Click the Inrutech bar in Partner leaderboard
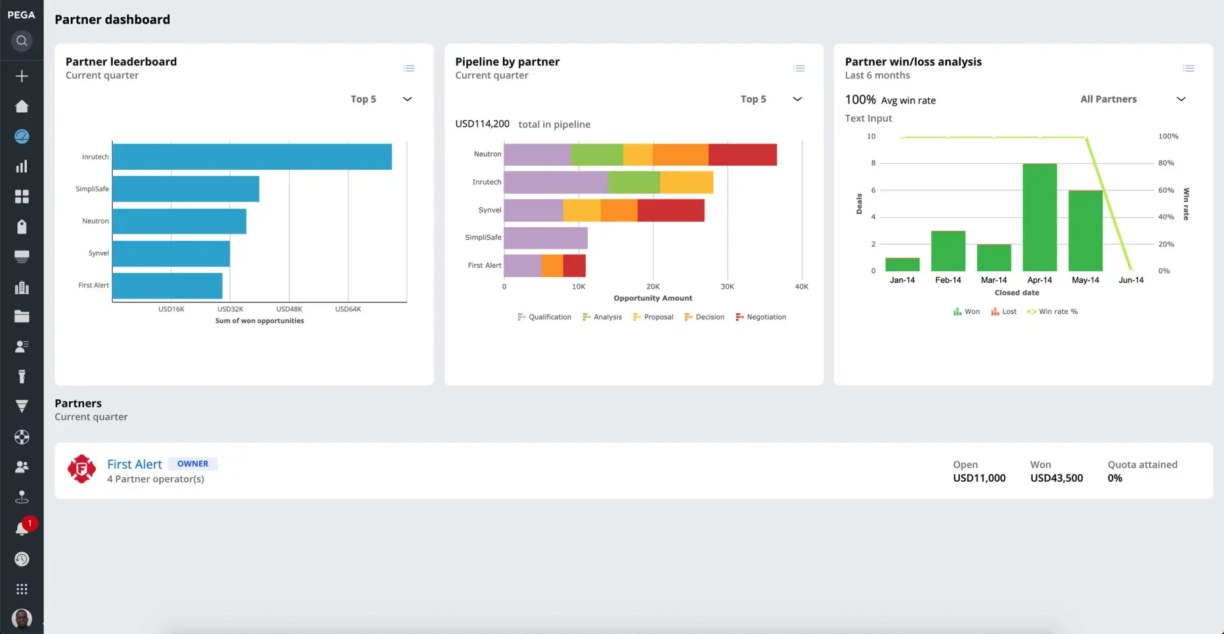click(x=252, y=157)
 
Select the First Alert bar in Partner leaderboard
click(x=167, y=286)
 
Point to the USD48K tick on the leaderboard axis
click(x=289, y=309)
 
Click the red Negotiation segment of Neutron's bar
click(x=742, y=155)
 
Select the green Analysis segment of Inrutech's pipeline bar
click(x=634, y=182)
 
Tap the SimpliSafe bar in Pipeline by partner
click(x=545, y=238)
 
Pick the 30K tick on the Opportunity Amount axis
click(x=727, y=287)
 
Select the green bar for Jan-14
click(x=902, y=265)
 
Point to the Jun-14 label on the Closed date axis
click(x=1130, y=280)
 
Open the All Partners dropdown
click(x=1132, y=100)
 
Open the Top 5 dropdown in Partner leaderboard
click(x=381, y=100)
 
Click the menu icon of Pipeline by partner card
click(x=798, y=68)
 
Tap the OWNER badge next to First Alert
click(x=193, y=464)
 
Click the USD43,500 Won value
click(x=1056, y=478)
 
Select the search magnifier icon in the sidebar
click(x=22, y=41)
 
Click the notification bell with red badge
click(x=22, y=529)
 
